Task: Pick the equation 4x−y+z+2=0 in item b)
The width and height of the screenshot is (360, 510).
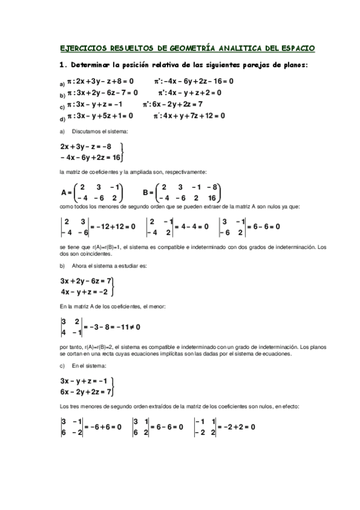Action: (x=195, y=93)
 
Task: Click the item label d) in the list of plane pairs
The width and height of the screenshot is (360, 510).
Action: (x=62, y=118)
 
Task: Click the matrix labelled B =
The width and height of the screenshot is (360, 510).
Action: (x=189, y=192)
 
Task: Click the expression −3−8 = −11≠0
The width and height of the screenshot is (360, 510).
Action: (x=115, y=327)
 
